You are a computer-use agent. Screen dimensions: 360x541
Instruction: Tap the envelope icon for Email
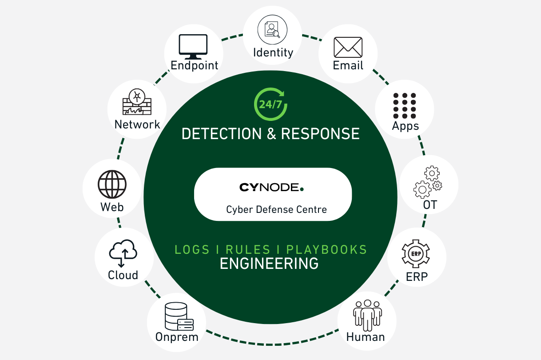click(348, 47)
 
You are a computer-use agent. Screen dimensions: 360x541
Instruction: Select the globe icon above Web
click(112, 184)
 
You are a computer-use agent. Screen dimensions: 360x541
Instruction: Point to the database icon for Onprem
click(176, 315)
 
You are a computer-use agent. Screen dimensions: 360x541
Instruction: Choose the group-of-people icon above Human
click(367, 315)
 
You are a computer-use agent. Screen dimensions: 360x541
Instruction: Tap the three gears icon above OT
click(428, 182)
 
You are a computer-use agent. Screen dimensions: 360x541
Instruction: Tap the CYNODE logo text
click(271, 188)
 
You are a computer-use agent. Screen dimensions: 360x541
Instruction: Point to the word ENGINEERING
click(269, 264)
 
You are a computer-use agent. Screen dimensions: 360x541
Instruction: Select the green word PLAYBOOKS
click(326, 249)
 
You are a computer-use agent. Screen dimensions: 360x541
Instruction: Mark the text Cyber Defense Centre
click(277, 209)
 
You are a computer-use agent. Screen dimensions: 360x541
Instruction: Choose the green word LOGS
click(192, 249)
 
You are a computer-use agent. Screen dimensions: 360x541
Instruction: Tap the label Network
click(137, 124)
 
